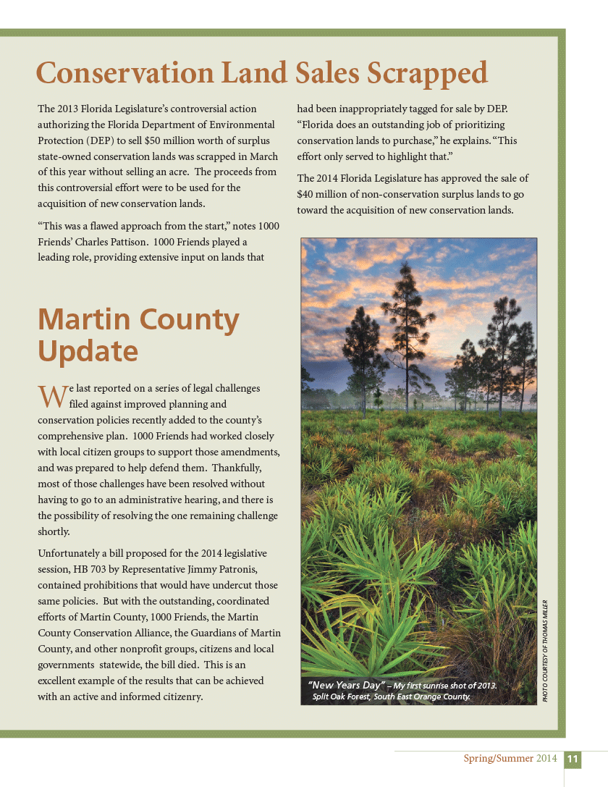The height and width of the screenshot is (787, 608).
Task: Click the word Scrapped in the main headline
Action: click(427, 74)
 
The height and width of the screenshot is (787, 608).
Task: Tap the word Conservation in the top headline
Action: click(124, 74)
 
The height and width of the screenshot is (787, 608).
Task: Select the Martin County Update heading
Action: click(138, 335)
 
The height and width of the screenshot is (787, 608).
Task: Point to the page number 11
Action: click(573, 759)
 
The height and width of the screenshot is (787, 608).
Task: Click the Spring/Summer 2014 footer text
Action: click(510, 759)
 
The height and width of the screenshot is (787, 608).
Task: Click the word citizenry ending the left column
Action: click(180, 696)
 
